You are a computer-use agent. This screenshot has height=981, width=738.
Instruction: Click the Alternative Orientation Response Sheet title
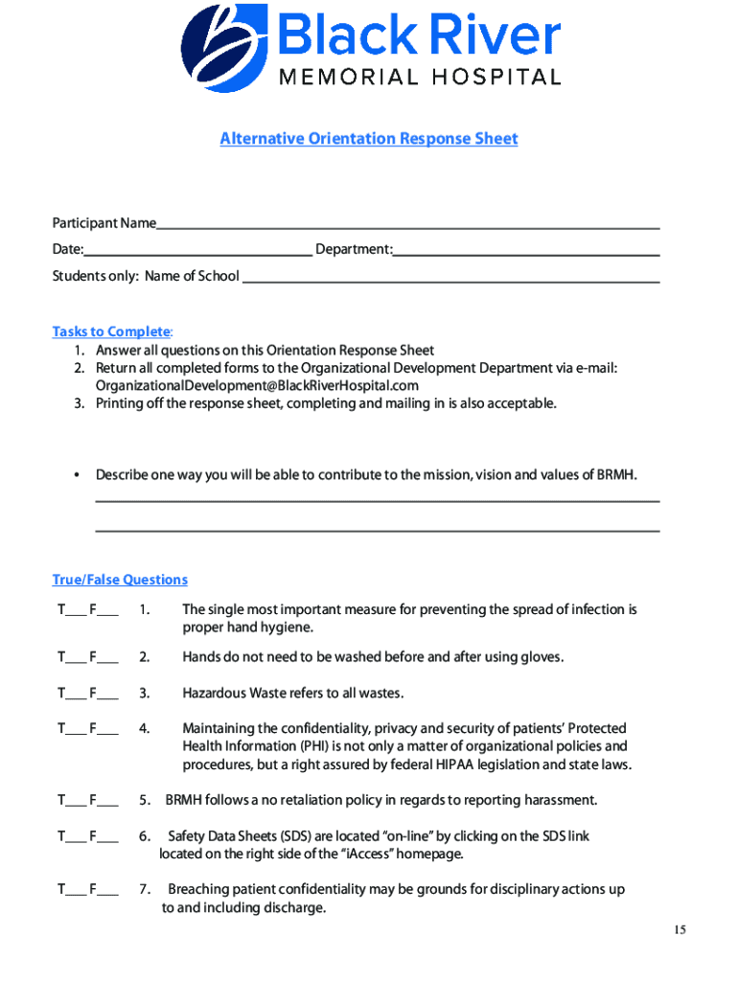pyautogui.click(x=369, y=139)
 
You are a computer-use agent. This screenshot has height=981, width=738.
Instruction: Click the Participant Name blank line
pyautogui.click(x=407, y=226)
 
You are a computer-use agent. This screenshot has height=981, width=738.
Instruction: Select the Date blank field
pyautogui.click(x=198, y=253)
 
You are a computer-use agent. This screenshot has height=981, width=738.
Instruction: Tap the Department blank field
pyautogui.click(x=526, y=253)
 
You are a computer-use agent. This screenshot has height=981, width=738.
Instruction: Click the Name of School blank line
pyautogui.click(x=450, y=280)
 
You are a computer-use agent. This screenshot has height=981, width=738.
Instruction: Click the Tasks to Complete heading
pyautogui.click(x=111, y=331)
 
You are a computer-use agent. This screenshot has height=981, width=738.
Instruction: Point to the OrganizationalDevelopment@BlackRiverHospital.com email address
pyautogui.click(x=257, y=385)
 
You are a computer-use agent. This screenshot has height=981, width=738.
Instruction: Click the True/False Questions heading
pyautogui.click(x=120, y=580)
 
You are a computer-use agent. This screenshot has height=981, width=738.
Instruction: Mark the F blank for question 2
pyautogui.click(x=108, y=660)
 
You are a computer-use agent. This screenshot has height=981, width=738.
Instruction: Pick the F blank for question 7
pyautogui.click(x=108, y=893)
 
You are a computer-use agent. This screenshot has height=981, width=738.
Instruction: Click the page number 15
pyautogui.click(x=680, y=930)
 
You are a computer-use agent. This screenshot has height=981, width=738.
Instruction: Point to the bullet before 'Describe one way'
pyautogui.click(x=76, y=475)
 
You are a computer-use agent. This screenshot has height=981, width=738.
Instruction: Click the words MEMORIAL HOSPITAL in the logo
pyautogui.click(x=419, y=78)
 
